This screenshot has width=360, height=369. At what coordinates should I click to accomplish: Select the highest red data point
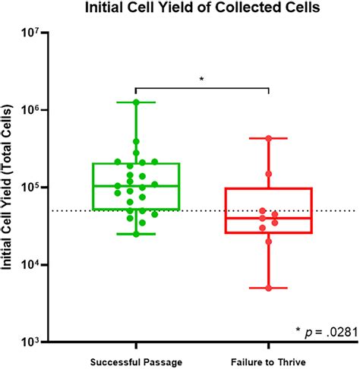tap(270, 138)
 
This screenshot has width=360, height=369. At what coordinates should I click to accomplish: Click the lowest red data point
tap(270, 288)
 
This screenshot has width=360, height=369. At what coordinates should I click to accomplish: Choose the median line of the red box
tap(270, 218)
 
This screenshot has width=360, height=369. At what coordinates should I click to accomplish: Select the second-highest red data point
tap(270, 174)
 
